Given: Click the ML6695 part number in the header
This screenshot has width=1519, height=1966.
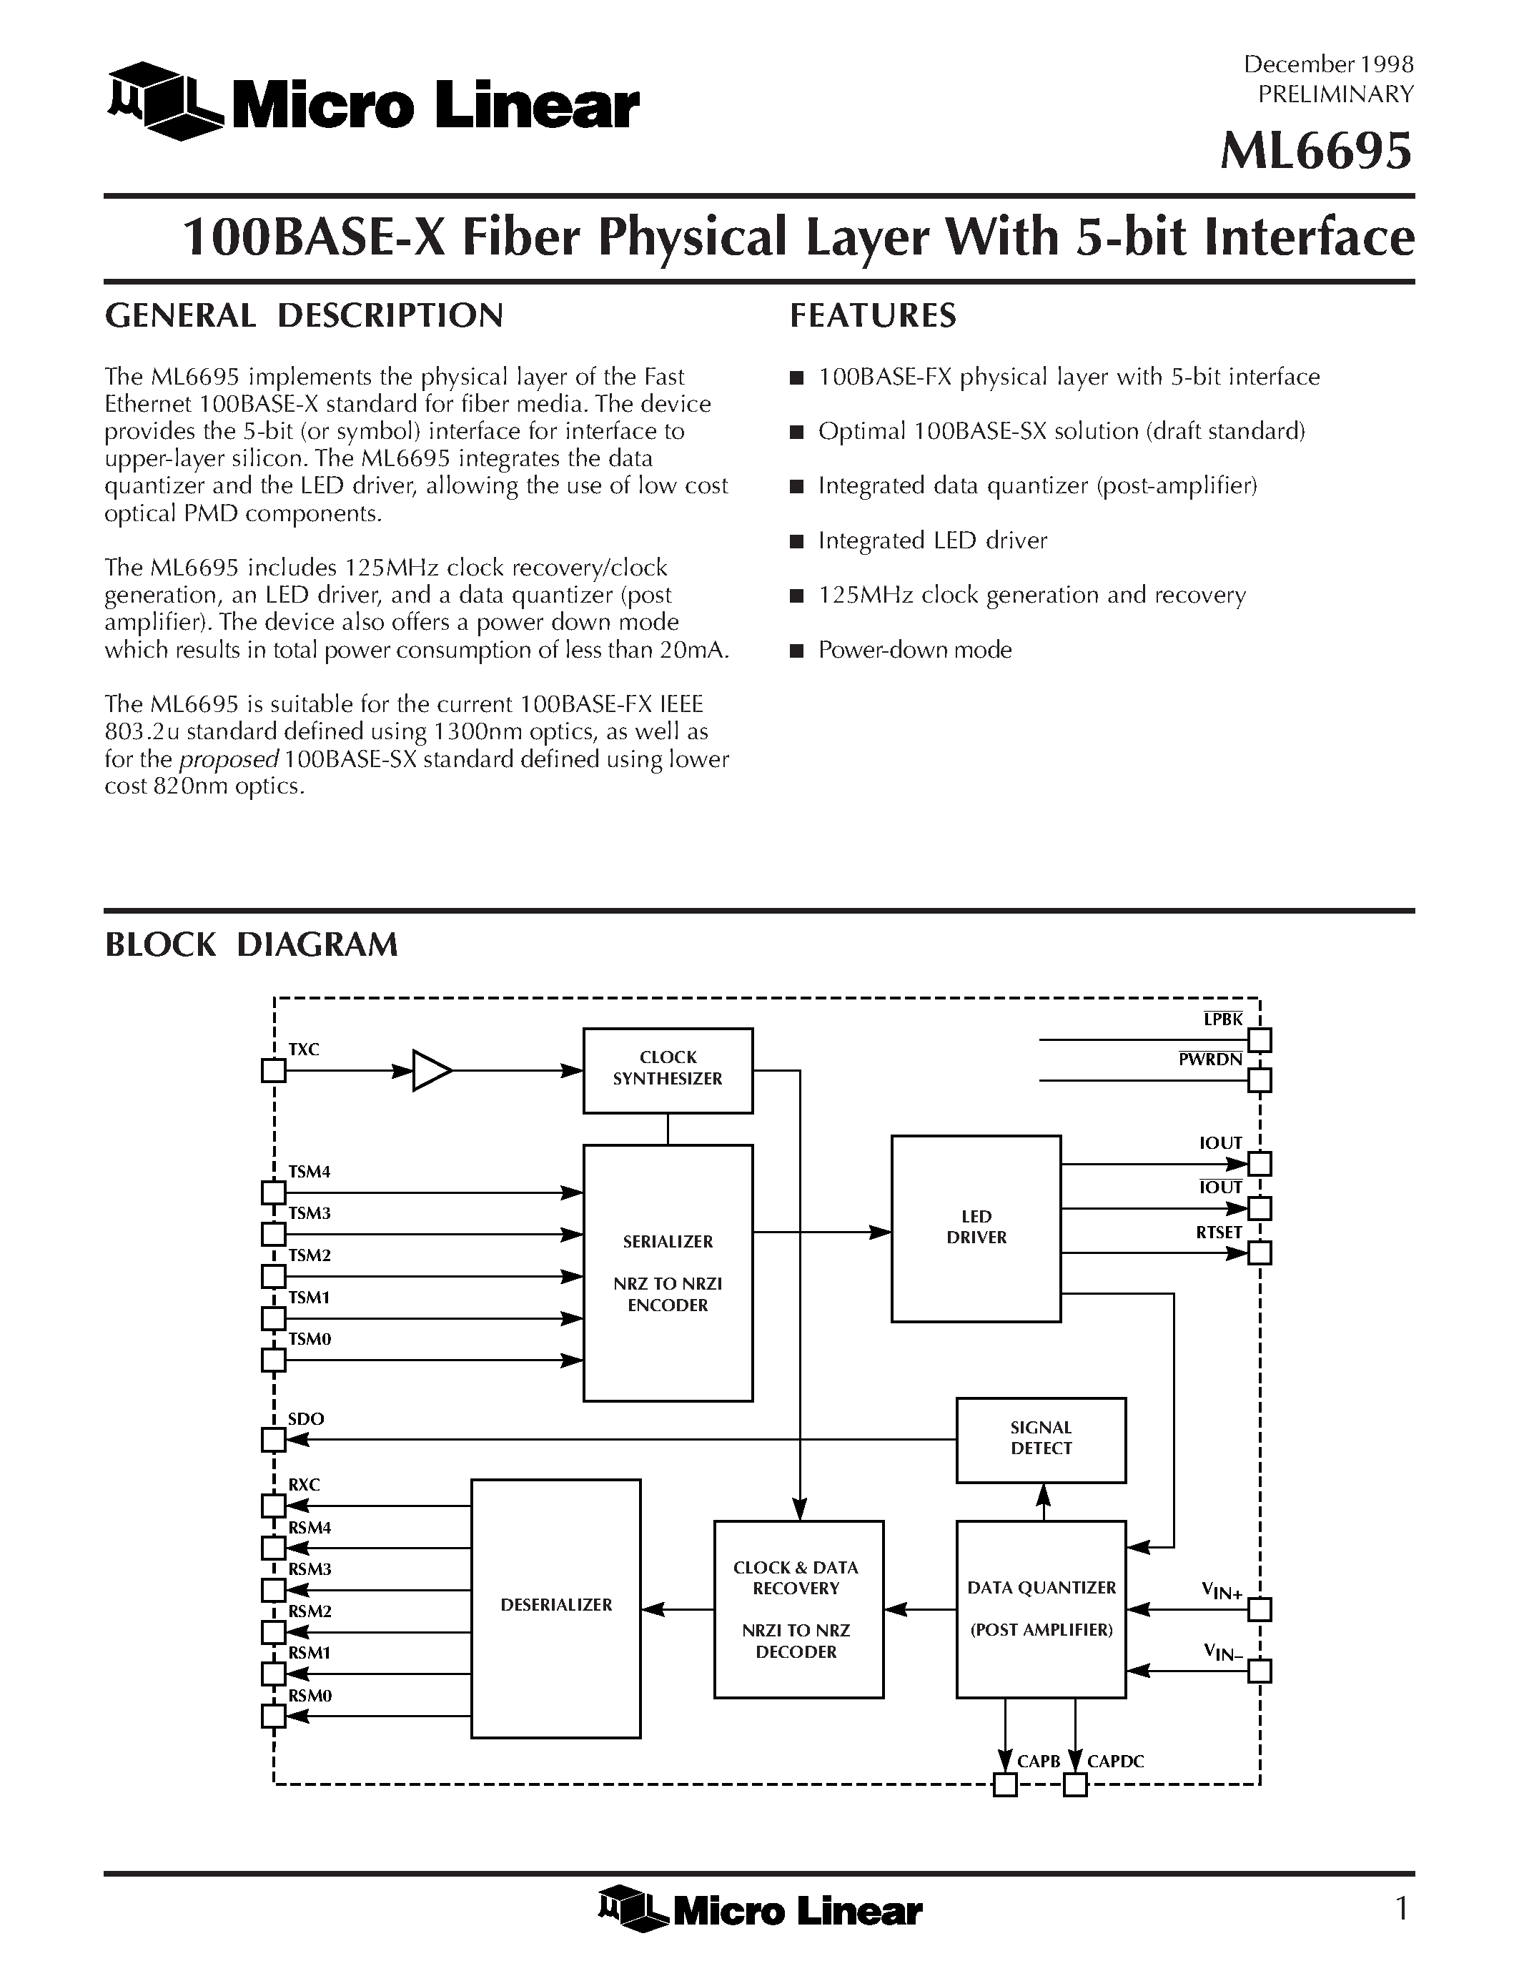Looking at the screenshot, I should [x=1315, y=152].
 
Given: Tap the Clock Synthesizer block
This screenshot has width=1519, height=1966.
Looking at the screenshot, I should [x=667, y=1070].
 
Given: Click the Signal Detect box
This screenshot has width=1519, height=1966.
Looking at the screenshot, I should [x=1040, y=1438].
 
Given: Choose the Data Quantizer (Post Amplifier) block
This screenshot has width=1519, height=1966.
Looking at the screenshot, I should [x=1040, y=1609].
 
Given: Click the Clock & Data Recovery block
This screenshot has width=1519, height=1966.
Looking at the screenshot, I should [x=797, y=1609].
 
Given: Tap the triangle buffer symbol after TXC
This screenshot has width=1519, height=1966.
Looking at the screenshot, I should [x=430, y=1070].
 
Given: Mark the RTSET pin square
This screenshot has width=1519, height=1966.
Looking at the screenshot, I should [x=1260, y=1252].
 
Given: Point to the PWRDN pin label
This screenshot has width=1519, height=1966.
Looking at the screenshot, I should [x=1210, y=1059].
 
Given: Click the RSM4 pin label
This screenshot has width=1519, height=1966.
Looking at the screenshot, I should [x=310, y=1528].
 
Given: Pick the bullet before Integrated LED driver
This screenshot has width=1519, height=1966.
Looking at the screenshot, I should [x=796, y=541].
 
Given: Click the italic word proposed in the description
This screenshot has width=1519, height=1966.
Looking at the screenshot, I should [x=229, y=759].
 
